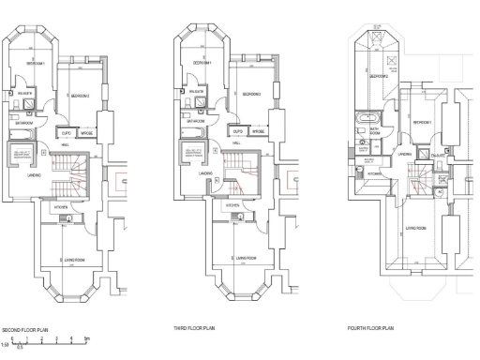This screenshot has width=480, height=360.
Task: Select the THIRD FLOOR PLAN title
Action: (194, 329)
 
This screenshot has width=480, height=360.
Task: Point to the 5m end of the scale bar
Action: (86, 339)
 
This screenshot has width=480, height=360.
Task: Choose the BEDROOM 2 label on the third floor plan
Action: (251, 95)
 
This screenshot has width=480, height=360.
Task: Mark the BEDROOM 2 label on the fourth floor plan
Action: (379, 75)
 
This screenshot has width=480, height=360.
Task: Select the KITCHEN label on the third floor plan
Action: (232, 205)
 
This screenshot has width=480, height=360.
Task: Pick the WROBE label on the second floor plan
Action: (90, 133)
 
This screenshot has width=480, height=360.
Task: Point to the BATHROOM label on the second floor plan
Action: (23, 122)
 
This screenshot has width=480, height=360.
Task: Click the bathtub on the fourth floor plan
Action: (362, 121)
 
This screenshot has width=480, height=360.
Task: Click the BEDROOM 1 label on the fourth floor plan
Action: (423, 122)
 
